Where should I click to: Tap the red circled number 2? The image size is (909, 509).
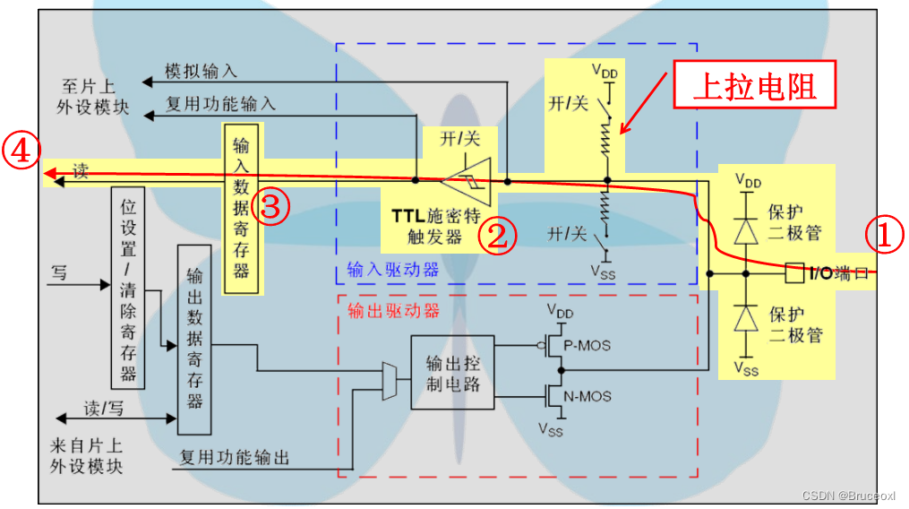[497, 236]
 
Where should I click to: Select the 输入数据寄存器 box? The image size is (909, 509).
[241, 208]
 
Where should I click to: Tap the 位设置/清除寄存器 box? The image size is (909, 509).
[128, 288]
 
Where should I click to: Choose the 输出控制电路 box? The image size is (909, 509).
[452, 372]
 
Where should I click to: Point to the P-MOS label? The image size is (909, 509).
[588, 346]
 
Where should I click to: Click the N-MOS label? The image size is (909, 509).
[588, 395]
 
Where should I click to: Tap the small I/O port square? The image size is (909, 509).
[792, 272]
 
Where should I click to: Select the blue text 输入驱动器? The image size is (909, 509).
[393, 269]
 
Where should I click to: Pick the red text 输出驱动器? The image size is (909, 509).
[393, 311]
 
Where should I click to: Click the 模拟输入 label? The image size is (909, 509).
[201, 72]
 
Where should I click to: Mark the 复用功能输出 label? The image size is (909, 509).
[235, 457]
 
